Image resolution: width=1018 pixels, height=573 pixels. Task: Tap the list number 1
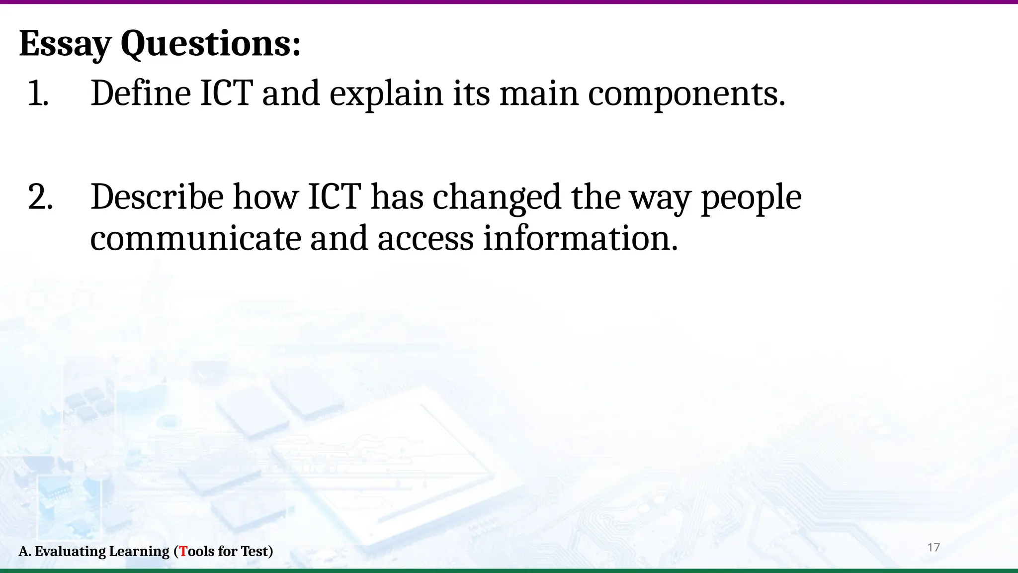click(37, 94)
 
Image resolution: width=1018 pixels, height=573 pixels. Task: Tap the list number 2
click(40, 197)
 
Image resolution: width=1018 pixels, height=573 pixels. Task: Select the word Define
click(141, 94)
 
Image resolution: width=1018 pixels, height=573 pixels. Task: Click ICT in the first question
click(226, 94)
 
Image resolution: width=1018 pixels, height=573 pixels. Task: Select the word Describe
click(157, 197)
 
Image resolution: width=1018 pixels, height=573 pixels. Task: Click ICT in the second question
click(334, 197)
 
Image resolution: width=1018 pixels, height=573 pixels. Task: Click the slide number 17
click(933, 548)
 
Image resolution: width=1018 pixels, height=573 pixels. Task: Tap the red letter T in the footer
click(183, 551)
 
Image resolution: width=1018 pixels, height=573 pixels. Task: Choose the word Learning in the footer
click(139, 551)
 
